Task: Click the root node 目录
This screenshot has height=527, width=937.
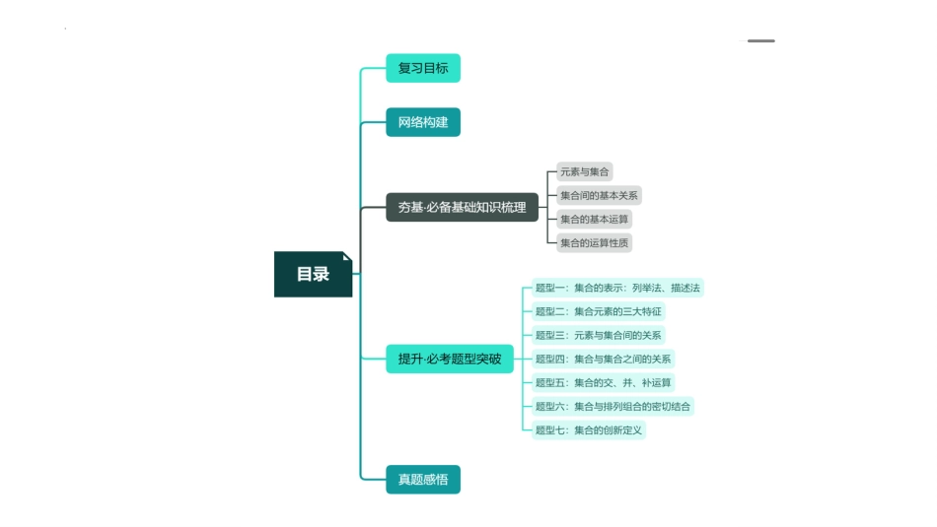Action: pos(313,274)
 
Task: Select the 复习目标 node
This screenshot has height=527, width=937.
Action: pos(422,68)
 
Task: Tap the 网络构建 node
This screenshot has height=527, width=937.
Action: pos(422,122)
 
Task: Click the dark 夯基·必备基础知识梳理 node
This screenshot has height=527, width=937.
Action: pos(462,207)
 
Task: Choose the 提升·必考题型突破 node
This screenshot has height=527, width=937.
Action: pos(449,359)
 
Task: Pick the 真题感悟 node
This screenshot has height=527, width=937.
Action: pos(422,480)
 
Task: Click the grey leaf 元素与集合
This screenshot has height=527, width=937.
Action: pos(584,171)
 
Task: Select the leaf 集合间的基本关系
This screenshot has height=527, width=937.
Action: pos(599,195)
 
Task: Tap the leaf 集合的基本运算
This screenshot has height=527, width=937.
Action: pos(594,219)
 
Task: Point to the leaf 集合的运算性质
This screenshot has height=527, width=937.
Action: pos(594,242)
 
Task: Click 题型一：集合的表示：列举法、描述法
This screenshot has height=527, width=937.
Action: pos(617,288)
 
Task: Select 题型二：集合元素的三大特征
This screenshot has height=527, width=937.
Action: pos(599,311)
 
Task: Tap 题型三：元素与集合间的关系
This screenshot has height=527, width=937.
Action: pos(599,335)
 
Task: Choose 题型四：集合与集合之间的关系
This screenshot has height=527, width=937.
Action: pos(603,359)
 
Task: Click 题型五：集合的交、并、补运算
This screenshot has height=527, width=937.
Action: pos(603,382)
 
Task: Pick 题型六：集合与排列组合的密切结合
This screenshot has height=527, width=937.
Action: pos(613,406)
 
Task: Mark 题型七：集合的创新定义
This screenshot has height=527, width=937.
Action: pos(589,429)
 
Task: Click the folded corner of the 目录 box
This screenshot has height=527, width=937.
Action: pos(347,256)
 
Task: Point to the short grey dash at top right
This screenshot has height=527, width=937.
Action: pos(760,40)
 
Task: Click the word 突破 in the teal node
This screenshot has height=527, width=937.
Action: pos(488,359)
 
